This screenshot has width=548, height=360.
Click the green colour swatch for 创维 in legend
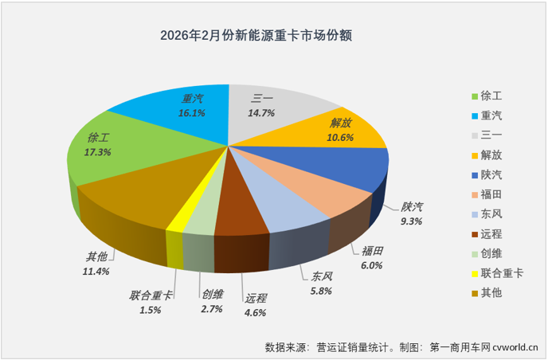[475, 254]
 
